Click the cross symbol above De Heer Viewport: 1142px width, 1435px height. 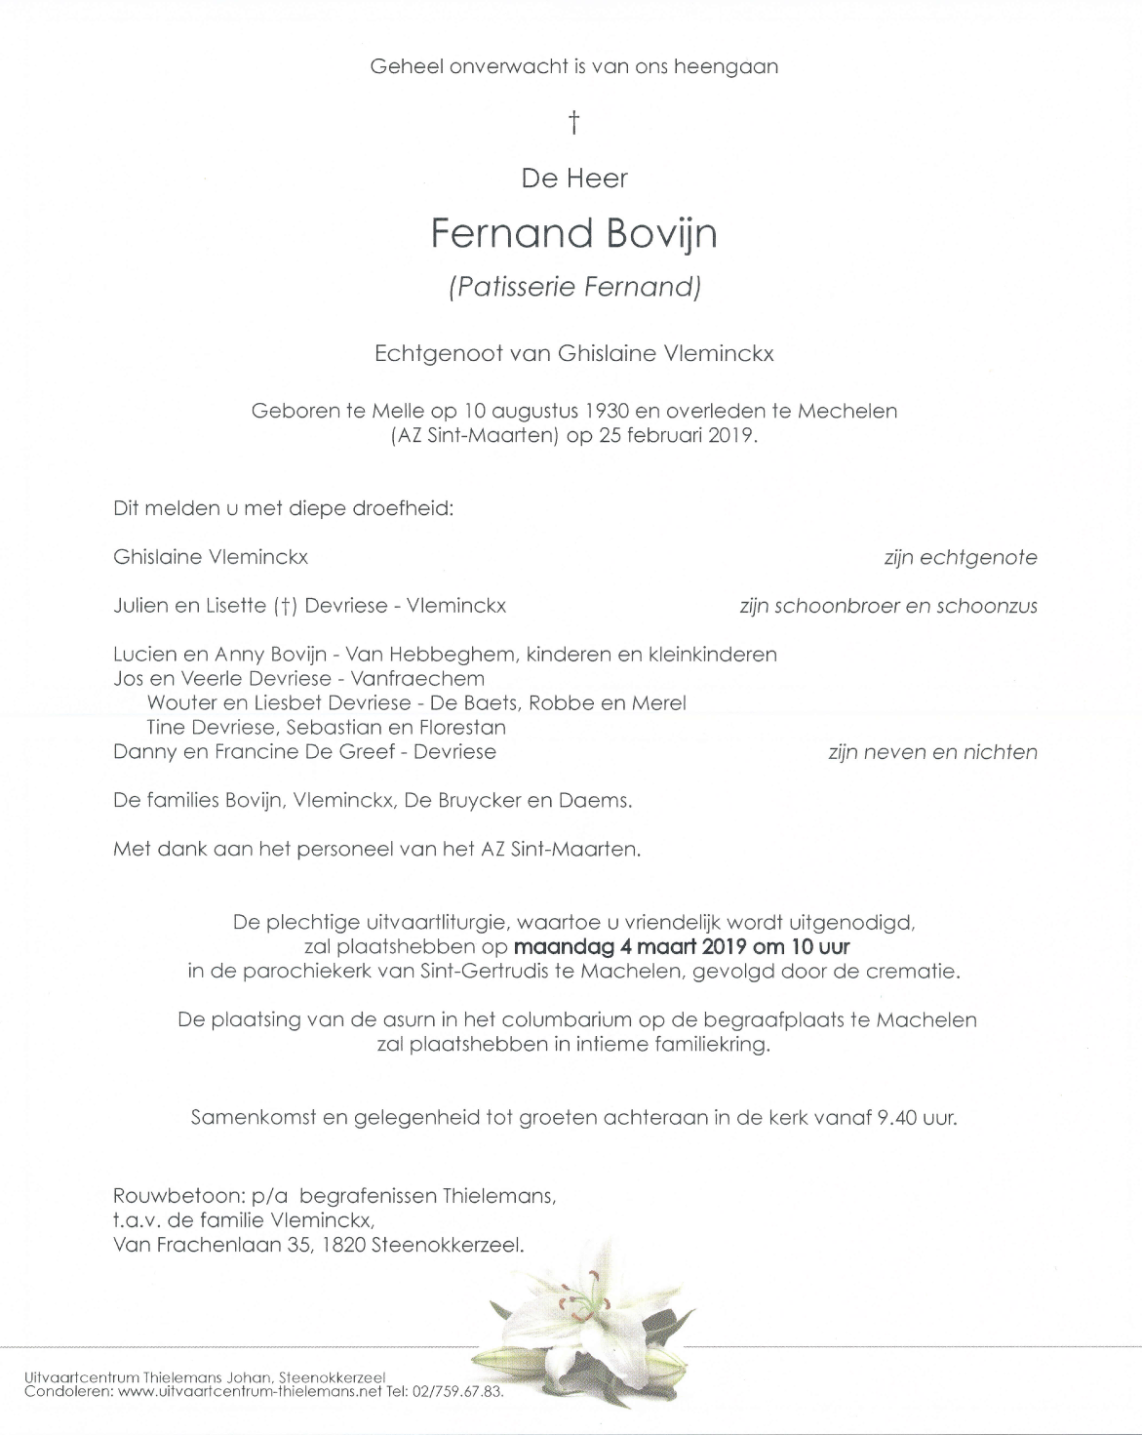point(574,123)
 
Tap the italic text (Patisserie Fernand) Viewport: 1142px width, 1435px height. point(574,287)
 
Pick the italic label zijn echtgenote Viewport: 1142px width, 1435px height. point(960,558)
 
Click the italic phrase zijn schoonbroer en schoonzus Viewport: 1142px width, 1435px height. point(887,606)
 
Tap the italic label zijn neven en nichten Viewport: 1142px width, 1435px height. point(931,752)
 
